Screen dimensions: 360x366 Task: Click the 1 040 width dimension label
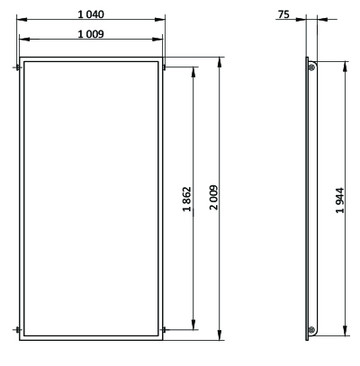[91, 14]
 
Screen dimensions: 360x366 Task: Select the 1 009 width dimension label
[91, 34]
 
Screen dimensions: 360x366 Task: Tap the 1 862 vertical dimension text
[186, 199]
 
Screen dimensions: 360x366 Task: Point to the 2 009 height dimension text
[214, 197]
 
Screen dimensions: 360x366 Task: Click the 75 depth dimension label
[283, 14]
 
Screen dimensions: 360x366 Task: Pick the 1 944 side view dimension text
[340, 201]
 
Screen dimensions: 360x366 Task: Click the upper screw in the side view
[311, 67]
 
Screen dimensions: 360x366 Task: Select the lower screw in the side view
[311, 330]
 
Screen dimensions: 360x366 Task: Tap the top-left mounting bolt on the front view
[18, 67]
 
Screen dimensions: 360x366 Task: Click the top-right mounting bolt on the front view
[165, 67]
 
